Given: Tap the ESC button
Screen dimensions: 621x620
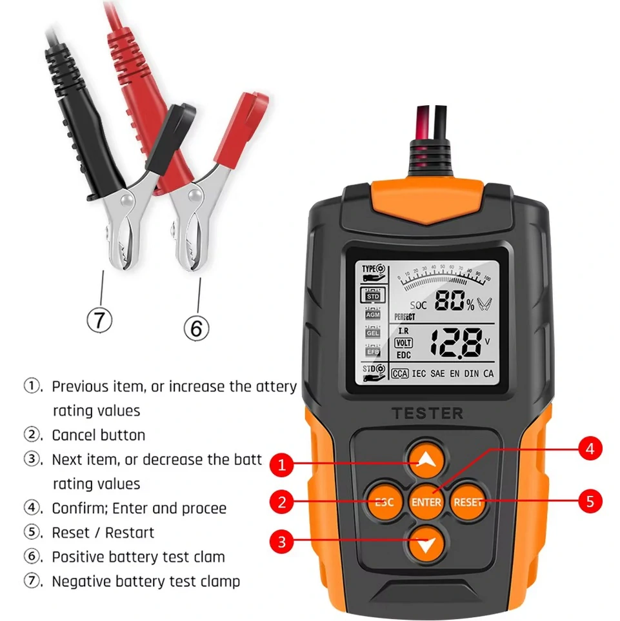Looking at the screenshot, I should (x=385, y=502).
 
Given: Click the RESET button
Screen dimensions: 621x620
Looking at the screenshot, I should (x=467, y=502).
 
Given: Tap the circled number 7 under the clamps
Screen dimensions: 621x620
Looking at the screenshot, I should (x=100, y=319).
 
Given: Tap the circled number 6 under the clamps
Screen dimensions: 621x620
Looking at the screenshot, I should (x=196, y=328).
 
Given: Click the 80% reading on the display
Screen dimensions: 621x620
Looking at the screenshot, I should (x=454, y=301).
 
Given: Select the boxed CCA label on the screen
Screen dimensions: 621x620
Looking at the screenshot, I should (x=400, y=373).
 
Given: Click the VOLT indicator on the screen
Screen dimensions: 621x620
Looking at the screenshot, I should (x=403, y=343).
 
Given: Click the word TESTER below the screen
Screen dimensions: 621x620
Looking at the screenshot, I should (x=427, y=413).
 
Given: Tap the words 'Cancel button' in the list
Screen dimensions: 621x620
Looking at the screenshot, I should (x=98, y=435).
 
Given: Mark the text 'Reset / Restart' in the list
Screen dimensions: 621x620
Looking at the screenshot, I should (x=103, y=533).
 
